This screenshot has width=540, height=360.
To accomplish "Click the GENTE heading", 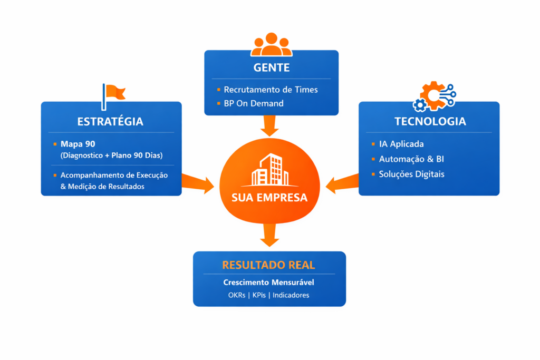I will click(x=271, y=68).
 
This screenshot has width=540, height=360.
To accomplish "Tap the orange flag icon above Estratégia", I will click(x=113, y=94).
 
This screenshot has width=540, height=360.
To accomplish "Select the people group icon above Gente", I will click(x=271, y=45).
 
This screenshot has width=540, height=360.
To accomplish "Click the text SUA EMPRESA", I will click(x=270, y=199).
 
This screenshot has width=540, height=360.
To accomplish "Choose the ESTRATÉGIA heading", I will click(x=110, y=121).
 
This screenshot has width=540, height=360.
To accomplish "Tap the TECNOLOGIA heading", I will click(x=430, y=121).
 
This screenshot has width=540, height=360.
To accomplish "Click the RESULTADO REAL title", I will click(x=268, y=265).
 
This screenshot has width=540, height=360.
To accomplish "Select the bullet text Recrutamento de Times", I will click(x=271, y=90).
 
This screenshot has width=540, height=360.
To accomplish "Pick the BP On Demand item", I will click(x=253, y=103).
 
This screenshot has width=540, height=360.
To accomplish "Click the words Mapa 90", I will click(x=78, y=144).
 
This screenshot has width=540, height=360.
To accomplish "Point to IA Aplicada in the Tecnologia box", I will click(x=401, y=144).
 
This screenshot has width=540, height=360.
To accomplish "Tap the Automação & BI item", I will click(x=408, y=159).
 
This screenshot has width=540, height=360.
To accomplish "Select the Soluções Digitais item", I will click(x=411, y=174).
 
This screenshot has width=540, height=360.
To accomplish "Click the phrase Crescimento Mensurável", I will click(x=268, y=283).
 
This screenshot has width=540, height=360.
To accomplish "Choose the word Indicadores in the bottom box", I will click(x=291, y=295).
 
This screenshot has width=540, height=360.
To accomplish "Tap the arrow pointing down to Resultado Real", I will click(x=269, y=234).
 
